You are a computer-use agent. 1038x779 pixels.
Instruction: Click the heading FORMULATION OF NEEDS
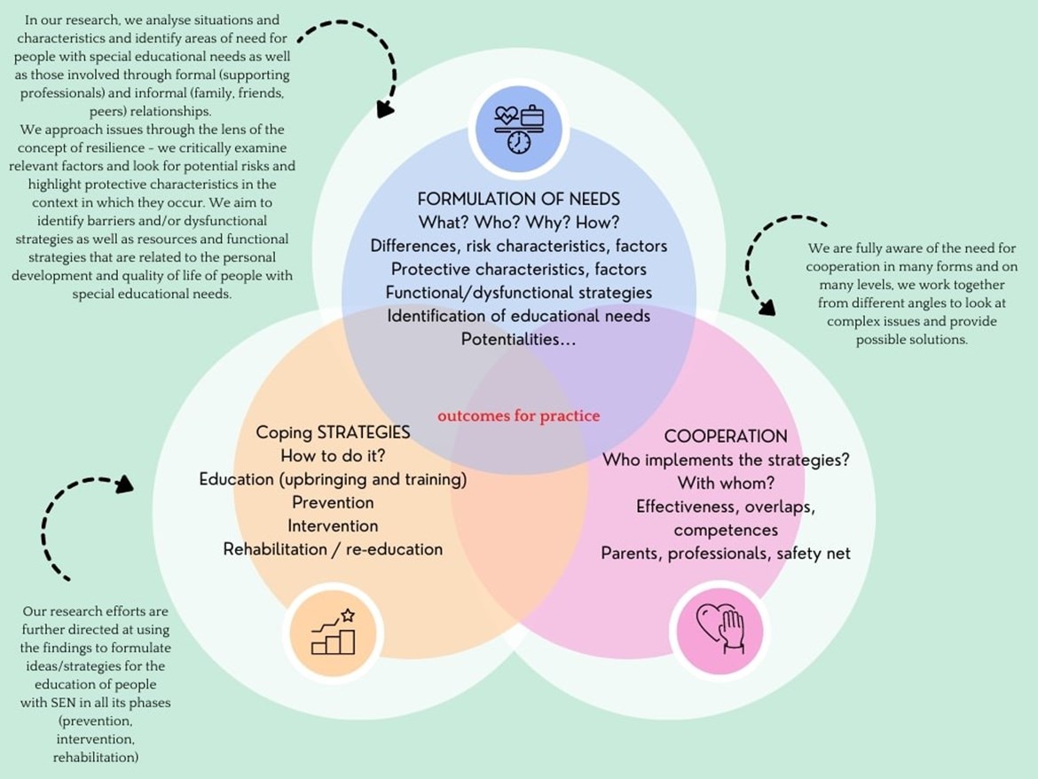(x=519, y=199)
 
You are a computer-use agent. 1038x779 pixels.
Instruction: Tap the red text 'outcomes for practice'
(x=518, y=415)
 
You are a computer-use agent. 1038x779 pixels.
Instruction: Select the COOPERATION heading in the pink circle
(x=726, y=437)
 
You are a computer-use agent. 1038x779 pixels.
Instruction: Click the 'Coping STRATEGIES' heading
(x=333, y=432)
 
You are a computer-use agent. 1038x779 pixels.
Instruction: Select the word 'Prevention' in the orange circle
(x=333, y=502)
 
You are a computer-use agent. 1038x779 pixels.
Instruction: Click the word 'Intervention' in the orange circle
(x=333, y=525)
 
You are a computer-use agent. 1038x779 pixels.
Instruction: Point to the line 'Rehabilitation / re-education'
(x=333, y=549)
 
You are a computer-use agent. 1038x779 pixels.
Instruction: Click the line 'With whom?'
(x=726, y=484)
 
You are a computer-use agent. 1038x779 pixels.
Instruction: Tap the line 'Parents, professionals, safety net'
(x=726, y=553)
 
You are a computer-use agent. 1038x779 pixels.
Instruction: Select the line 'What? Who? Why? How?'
(x=519, y=222)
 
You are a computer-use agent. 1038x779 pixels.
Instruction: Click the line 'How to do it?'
(x=333, y=456)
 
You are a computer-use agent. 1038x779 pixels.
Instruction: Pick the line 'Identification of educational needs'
(x=519, y=315)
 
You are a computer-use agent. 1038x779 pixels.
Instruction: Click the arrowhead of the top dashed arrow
(x=385, y=109)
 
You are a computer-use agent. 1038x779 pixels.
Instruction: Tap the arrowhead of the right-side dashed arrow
(x=767, y=307)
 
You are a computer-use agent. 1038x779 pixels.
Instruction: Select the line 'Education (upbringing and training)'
(x=333, y=479)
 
